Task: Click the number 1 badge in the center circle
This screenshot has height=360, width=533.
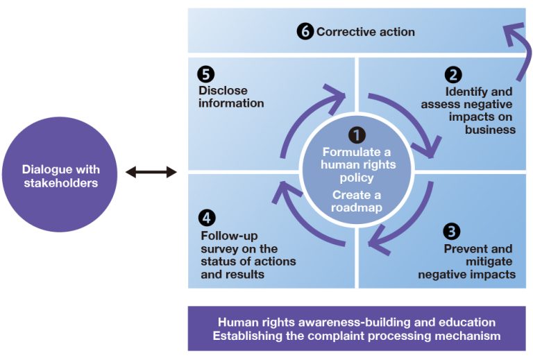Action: [x=357, y=135]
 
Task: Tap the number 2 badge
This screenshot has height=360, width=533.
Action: [x=454, y=75]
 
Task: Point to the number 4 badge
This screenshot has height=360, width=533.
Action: [x=207, y=218]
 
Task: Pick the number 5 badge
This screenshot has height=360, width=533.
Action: [x=205, y=74]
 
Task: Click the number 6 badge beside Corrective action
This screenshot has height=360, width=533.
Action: [x=305, y=32]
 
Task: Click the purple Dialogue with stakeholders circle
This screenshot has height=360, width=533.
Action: [x=61, y=175]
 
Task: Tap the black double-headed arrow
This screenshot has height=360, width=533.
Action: [x=151, y=171]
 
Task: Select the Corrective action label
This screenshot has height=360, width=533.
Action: [x=366, y=32]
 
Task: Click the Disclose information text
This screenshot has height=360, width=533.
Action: [x=231, y=97]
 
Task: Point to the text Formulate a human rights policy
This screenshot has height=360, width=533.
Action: [x=357, y=164]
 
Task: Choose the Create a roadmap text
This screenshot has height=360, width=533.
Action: [x=357, y=201]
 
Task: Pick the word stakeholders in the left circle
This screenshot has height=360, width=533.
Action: [x=60, y=183]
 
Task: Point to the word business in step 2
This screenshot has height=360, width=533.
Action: [x=491, y=129]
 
